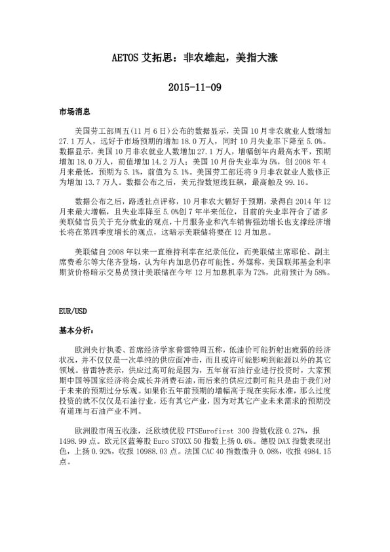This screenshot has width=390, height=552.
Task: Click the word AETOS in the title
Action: [x=125, y=58]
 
